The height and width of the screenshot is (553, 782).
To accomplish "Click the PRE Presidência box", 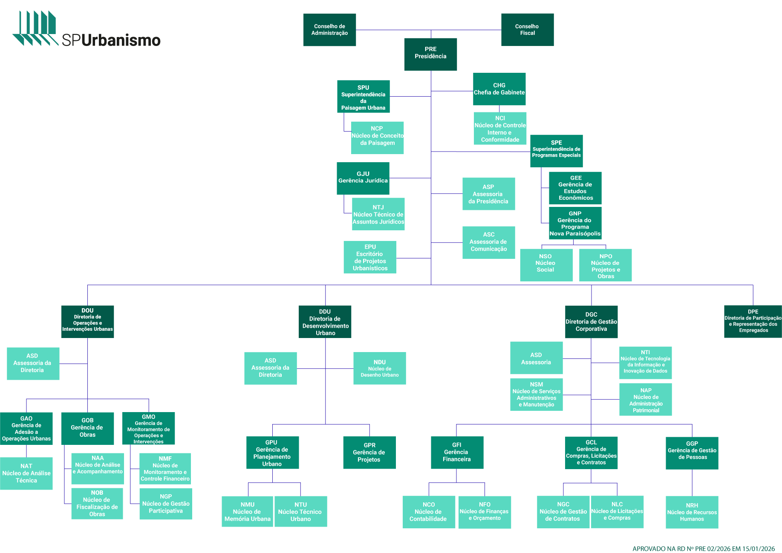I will [x=430, y=54].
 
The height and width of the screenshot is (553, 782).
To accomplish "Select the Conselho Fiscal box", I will [x=527, y=30].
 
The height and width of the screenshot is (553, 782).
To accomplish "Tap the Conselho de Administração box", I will [x=329, y=30].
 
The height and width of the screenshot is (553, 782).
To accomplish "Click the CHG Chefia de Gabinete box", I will [x=499, y=89].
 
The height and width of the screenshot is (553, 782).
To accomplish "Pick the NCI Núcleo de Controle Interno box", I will [x=500, y=129].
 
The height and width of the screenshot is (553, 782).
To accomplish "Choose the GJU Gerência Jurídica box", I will [x=363, y=178].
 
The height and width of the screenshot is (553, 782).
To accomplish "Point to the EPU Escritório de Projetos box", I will [x=370, y=257].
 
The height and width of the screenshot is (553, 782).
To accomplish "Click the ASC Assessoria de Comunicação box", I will [x=488, y=242].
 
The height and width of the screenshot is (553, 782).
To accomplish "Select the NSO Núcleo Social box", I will [x=546, y=265].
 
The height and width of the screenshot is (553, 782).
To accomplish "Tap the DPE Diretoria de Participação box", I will [x=753, y=321].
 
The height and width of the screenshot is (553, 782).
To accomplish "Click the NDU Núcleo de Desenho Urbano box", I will [x=379, y=368].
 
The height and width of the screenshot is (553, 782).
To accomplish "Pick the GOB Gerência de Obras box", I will [x=87, y=428].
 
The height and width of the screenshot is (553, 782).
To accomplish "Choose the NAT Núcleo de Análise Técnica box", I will [x=26, y=473].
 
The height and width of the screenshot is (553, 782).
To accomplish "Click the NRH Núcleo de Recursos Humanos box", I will [x=692, y=512].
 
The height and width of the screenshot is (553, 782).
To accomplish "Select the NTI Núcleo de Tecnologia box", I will [x=645, y=363].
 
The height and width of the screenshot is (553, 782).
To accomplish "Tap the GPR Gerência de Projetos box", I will [x=369, y=453].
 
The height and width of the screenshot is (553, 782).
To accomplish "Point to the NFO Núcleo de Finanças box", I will [x=485, y=512].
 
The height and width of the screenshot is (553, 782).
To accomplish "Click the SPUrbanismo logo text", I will [x=111, y=40].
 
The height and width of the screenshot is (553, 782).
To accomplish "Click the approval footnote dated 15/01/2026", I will [x=703, y=549].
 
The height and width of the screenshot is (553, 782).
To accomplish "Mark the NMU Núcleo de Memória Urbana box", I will [x=247, y=512].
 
